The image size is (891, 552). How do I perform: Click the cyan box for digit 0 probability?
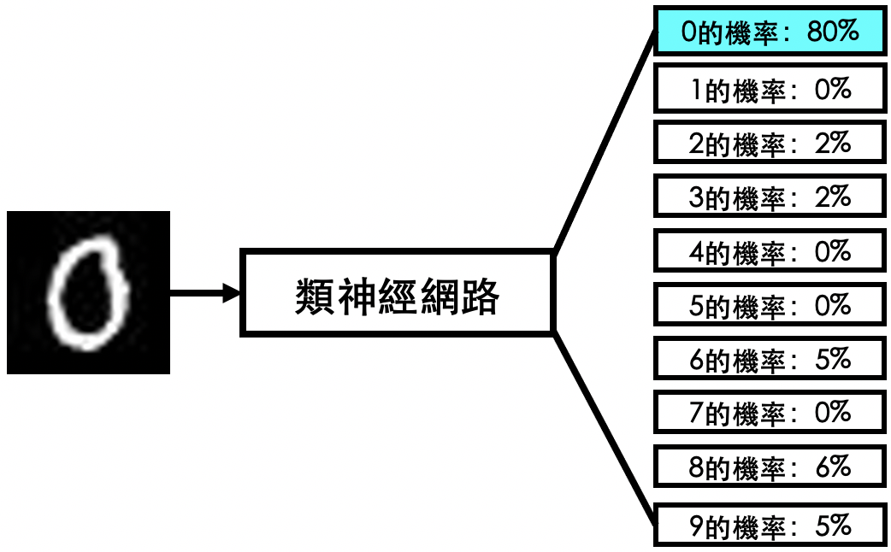tap(770, 31)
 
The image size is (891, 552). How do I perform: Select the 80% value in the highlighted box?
tap(833, 31)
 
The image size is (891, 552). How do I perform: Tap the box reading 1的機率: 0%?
tap(770, 89)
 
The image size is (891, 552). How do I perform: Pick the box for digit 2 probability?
tap(770, 143)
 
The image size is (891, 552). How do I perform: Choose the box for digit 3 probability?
tap(770, 197)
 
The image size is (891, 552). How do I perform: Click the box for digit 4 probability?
tap(770, 250)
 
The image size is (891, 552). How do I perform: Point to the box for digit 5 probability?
tap(770, 305)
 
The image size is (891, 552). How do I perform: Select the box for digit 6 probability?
tap(770, 358)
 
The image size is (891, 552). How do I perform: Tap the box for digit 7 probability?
tap(770, 412)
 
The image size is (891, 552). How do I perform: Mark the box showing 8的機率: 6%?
tap(770, 467)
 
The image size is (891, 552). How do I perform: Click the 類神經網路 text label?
tap(397, 296)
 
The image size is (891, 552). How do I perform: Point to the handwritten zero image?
tap(88, 292)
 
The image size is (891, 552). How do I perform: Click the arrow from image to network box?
tap(204, 293)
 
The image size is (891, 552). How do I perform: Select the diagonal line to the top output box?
tap(605, 140)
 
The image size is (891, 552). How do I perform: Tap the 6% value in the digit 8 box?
tap(833, 467)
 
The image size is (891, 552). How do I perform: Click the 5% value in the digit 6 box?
tap(833, 358)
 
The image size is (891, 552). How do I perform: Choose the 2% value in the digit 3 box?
tap(833, 197)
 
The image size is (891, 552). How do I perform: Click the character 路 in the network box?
tap(481, 296)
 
